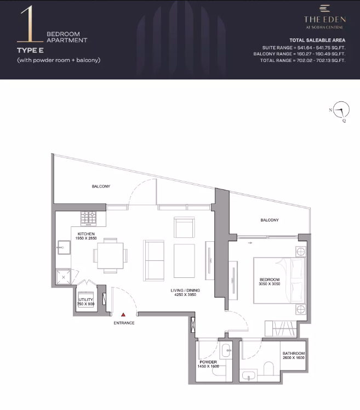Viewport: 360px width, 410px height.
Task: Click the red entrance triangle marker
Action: [x=123, y=315]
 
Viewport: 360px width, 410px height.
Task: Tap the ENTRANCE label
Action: [x=124, y=323]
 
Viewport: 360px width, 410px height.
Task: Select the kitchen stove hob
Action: [x=88, y=219]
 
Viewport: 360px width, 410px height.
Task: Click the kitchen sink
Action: [x=64, y=247]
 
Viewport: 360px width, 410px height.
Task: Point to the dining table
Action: [x=110, y=256]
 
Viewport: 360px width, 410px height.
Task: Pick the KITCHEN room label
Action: [x=86, y=234]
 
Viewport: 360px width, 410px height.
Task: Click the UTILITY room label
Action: [x=85, y=299]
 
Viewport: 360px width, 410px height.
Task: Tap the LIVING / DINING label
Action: [x=185, y=291]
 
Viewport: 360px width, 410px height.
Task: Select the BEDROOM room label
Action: [x=270, y=280]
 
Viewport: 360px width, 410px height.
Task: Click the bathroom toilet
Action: [x=268, y=368]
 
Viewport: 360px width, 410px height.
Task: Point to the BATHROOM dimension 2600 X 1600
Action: [x=294, y=358]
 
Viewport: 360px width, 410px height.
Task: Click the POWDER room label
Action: [x=208, y=362]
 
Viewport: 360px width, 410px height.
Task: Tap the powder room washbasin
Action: [x=226, y=351]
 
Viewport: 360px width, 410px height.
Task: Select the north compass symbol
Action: [x=341, y=110]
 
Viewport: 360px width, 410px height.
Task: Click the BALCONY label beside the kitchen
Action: [x=101, y=186]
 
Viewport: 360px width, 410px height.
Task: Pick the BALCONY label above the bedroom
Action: [x=270, y=220]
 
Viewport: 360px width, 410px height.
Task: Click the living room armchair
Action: [x=184, y=227]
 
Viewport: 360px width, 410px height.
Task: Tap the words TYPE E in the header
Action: [x=30, y=50]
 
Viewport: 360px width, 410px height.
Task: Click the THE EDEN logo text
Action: [x=325, y=19]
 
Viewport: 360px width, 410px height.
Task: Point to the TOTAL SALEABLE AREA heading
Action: [x=317, y=40]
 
